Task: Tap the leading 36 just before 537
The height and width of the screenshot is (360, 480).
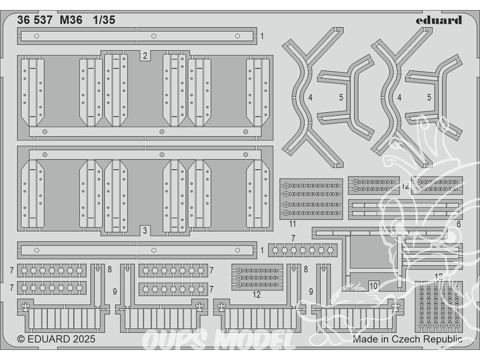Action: pyautogui.click(x=22, y=20)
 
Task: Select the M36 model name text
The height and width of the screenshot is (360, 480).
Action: pyautogui.click(x=71, y=20)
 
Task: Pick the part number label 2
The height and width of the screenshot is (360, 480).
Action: pyautogui.click(x=145, y=56)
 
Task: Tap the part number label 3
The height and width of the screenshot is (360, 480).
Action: pyautogui.click(x=145, y=230)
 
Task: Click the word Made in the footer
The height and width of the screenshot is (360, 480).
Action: pyautogui.click(x=365, y=339)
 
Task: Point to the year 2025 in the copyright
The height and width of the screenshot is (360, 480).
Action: pyautogui.click(x=84, y=339)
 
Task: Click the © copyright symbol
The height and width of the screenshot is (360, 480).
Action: pyautogui.click(x=21, y=339)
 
